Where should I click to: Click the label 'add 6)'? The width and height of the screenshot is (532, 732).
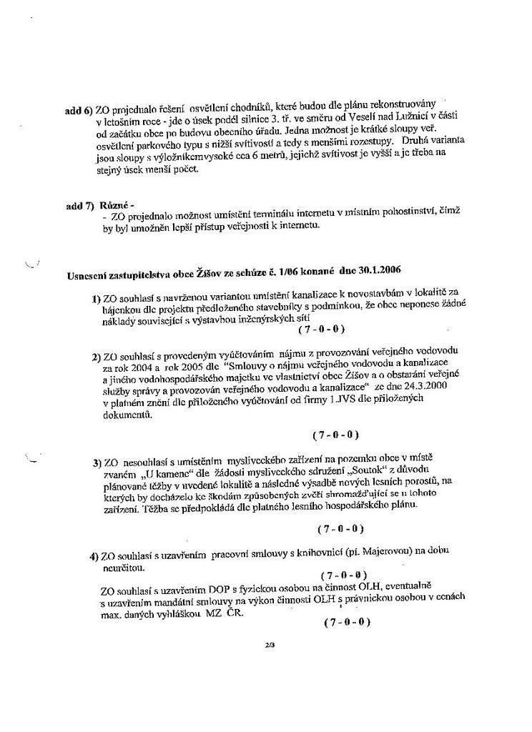79,112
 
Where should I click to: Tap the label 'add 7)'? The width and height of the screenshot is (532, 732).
79,205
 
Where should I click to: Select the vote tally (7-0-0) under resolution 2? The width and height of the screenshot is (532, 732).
335,435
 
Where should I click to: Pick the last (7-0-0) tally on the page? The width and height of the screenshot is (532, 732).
347,623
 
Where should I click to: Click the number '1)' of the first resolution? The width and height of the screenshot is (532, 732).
97,299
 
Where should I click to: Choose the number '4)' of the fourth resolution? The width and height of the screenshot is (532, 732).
94,556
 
